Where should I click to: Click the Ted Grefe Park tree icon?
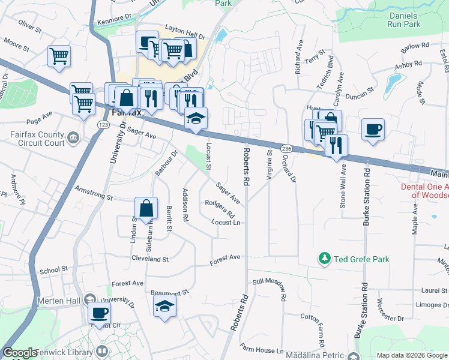(325, 259)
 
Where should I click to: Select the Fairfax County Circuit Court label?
(37, 139)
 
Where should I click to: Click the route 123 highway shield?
(103, 124)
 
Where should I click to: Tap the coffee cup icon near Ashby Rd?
(373, 129)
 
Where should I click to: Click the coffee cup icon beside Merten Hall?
(99, 312)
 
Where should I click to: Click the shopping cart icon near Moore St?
(59, 56)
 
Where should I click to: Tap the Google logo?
(20, 353)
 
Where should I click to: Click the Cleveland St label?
(150, 259)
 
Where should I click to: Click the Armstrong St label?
(93, 193)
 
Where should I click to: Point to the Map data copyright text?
(411, 355)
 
